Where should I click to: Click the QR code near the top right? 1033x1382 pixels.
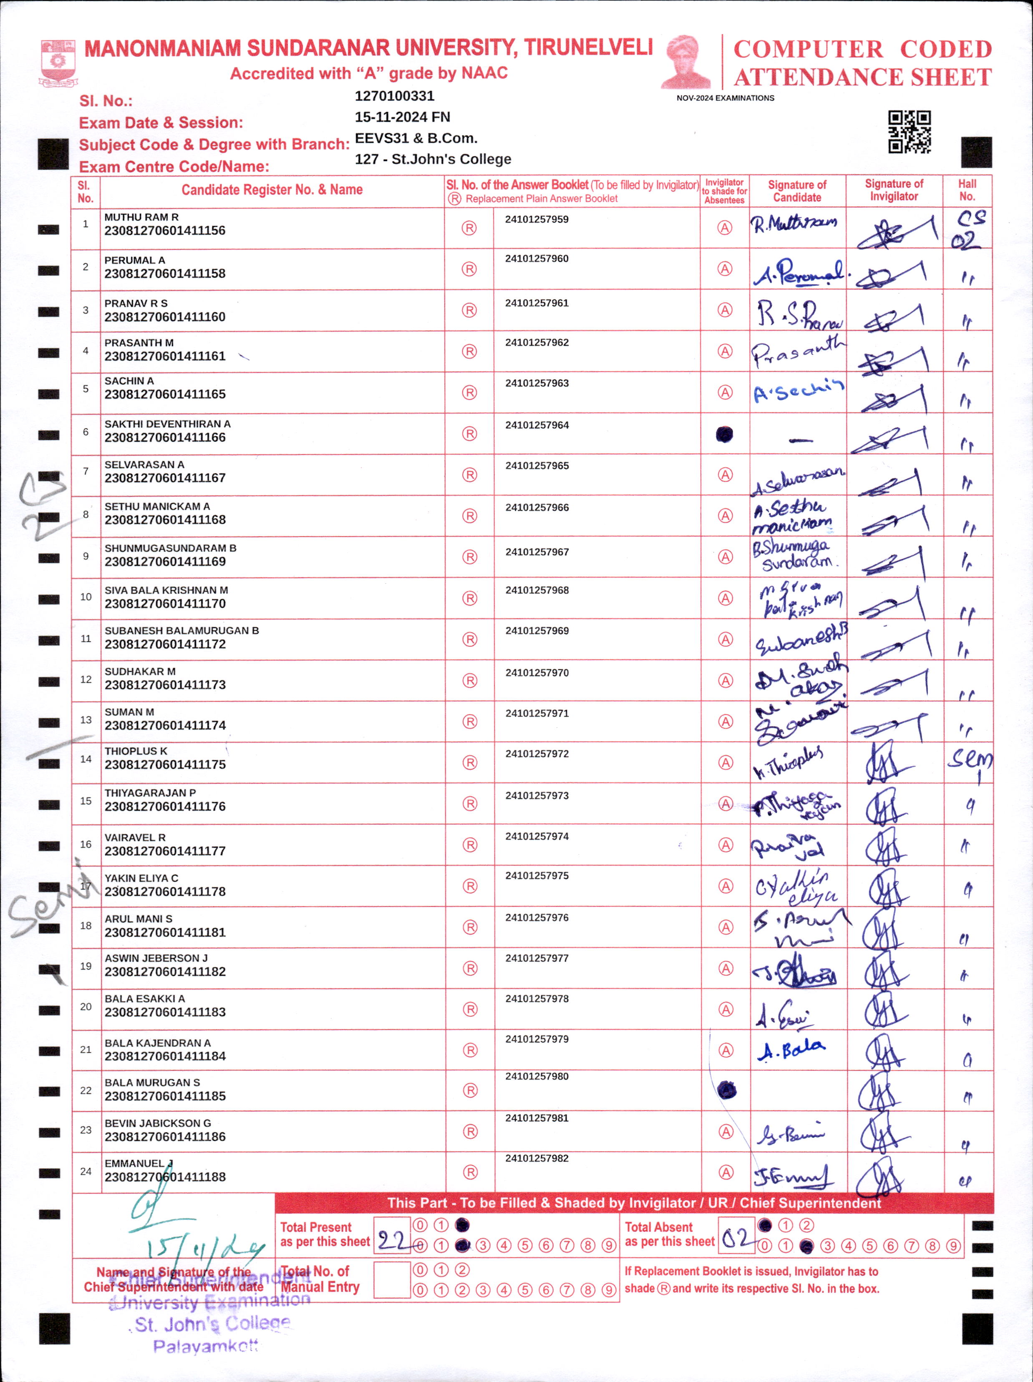pyautogui.click(x=909, y=132)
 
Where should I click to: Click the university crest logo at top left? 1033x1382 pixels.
pyautogui.click(x=58, y=63)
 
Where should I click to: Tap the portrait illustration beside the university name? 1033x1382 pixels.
pyautogui.click(x=686, y=63)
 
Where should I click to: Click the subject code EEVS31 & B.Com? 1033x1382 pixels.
pyautogui.click(x=416, y=138)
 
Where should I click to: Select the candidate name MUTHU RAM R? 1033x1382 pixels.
pyautogui.click(x=141, y=217)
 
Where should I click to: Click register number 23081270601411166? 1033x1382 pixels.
pyautogui.click(x=165, y=437)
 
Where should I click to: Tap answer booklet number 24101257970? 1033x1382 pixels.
pyautogui.click(x=537, y=673)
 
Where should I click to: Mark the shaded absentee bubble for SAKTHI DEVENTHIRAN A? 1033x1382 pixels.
pyautogui.click(x=724, y=434)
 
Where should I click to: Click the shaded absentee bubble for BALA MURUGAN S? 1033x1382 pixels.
pyautogui.click(x=726, y=1090)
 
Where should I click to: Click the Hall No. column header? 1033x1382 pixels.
pyautogui.click(x=967, y=190)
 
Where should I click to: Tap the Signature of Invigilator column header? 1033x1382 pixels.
pyautogui.click(x=894, y=190)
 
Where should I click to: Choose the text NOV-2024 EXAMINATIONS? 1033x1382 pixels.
pyautogui.click(x=725, y=98)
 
